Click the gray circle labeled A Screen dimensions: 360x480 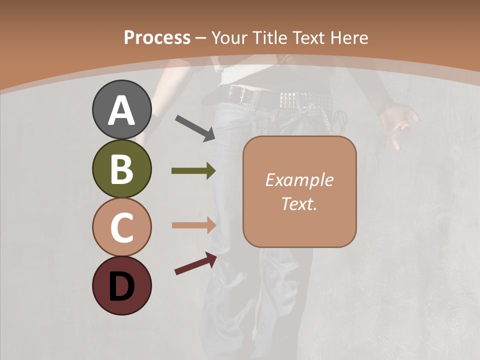tap(121, 109)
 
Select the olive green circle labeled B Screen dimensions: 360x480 tap(121, 168)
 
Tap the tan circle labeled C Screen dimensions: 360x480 tap(121, 227)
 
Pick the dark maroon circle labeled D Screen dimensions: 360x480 tap(121, 285)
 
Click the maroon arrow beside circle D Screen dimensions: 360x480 tap(195, 263)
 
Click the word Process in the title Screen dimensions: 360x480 tap(157, 37)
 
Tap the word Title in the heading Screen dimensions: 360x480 tap(269, 37)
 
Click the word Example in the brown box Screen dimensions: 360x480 tap(299, 180)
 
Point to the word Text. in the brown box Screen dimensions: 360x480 tap(299, 203)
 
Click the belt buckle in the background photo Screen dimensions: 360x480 tap(235, 93)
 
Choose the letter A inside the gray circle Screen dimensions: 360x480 tap(121, 110)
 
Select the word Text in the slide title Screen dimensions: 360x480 tap(307, 37)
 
